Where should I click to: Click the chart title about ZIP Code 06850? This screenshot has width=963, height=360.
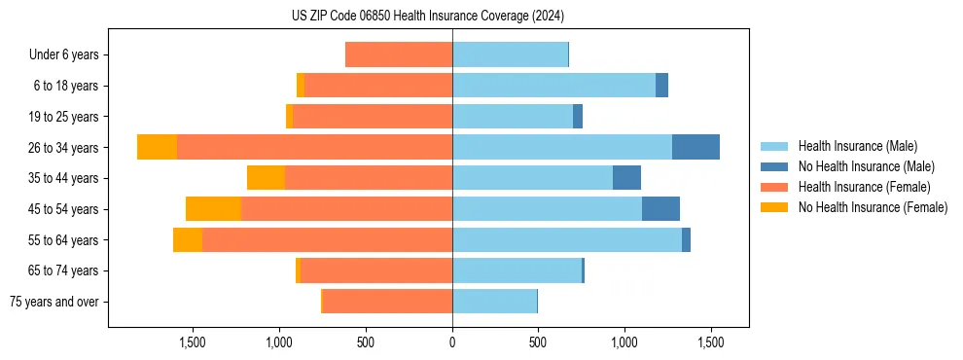pyautogui.click(x=428, y=17)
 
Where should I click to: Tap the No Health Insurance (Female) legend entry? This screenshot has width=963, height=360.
pyautogui.click(x=873, y=207)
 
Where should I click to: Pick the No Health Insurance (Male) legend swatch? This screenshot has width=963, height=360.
pyautogui.click(x=774, y=166)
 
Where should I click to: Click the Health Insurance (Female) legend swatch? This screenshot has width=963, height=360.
pyautogui.click(x=774, y=187)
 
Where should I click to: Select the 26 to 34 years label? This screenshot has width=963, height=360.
pyautogui.click(x=64, y=148)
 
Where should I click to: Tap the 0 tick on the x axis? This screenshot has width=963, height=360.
pyautogui.click(x=452, y=342)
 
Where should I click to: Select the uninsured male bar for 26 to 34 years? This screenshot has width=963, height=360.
pyautogui.click(x=695, y=147)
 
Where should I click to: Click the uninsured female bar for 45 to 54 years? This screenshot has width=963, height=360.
pyautogui.click(x=213, y=209)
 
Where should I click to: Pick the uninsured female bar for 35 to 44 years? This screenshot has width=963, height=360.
pyautogui.click(x=266, y=178)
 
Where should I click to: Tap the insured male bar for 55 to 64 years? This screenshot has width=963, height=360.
pyautogui.click(x=567, y=239)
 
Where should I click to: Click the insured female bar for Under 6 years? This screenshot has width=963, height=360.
pyautogui.click(x=399, y=54)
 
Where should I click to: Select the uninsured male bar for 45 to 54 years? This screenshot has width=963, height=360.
pyautogui.click(x=660, y=209)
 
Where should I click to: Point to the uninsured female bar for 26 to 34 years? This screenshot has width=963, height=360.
pyautogui.click(x=157, y=147)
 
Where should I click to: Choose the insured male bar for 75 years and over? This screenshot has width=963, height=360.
pyautogui.click(x=494, y=302)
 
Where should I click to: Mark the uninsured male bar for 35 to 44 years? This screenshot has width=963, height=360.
pyautogui.click(x=626, y=178)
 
